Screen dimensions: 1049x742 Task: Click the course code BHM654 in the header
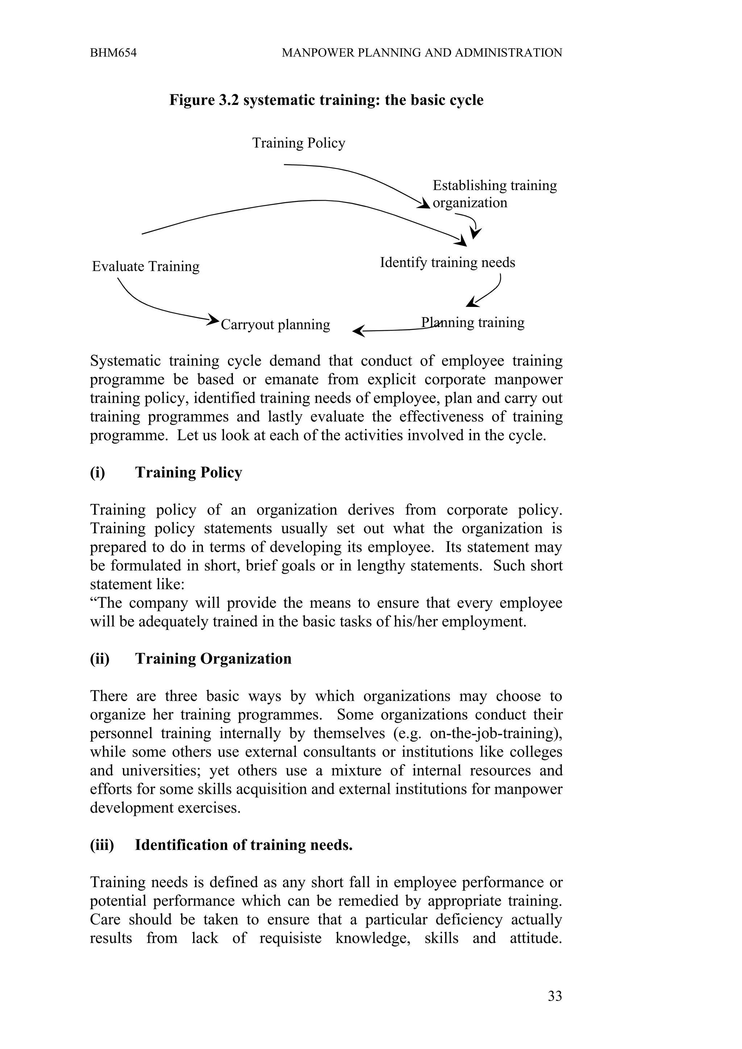[x=113, y=53]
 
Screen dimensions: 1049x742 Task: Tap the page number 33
[x=555, y=996]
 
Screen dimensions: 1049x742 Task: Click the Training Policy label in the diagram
[x=299, y=143]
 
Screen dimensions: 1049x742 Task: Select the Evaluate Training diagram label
[x=145, y=266]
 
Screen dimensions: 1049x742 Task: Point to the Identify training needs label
[x=447, y=263]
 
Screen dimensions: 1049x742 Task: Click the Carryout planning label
[x=275, y=325]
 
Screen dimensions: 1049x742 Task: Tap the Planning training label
[x=472, y=323]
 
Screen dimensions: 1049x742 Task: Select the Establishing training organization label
[x=494, y=194]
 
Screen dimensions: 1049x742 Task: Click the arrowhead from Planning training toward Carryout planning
[x=359, y=331]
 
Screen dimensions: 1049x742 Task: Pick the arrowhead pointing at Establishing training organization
[x=424, y=204]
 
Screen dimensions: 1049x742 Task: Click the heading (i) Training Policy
[x=166, y=472]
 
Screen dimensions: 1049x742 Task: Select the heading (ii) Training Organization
[x=191, y=659]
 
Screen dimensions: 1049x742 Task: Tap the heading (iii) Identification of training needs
[x=221, y=845]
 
